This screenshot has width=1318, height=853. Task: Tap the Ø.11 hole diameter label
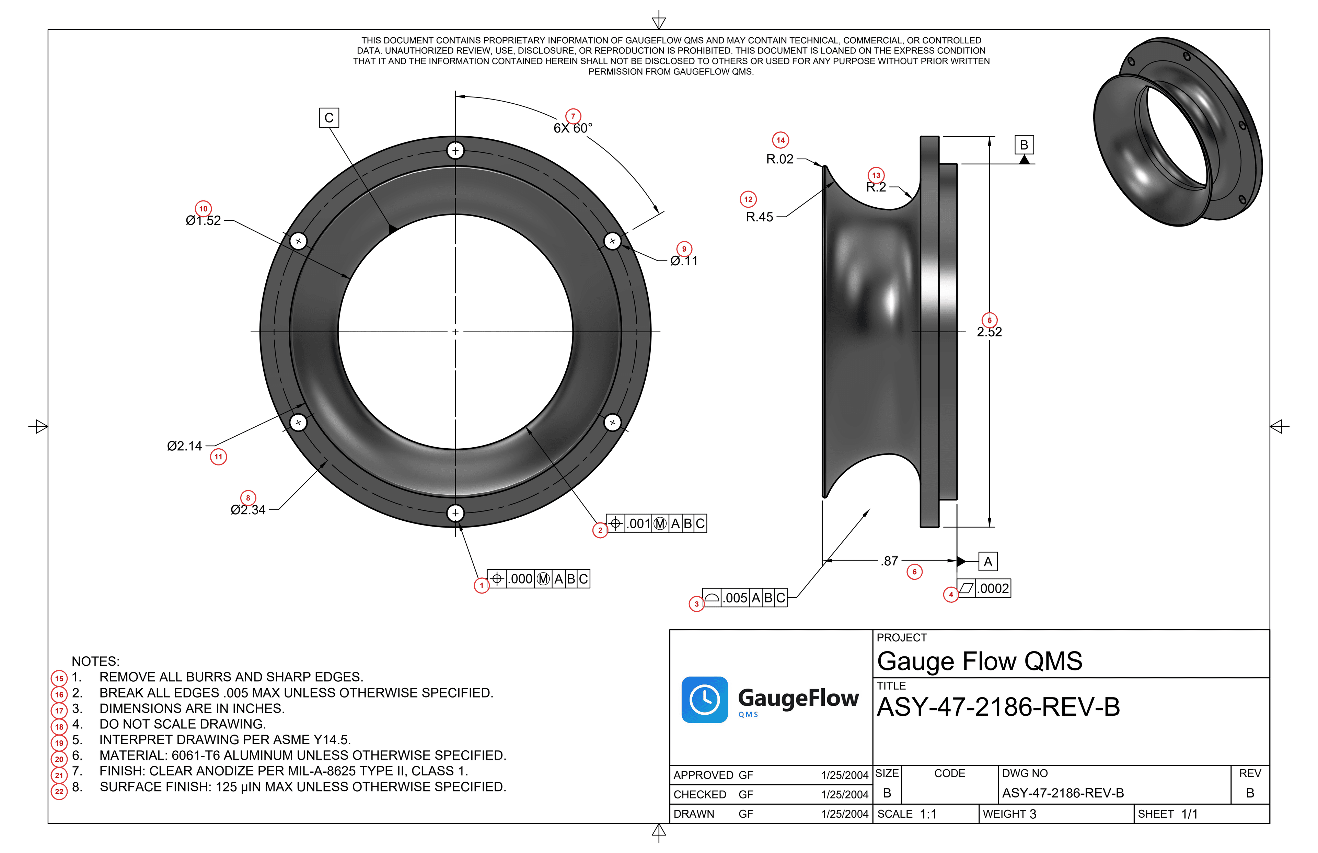click(684, 261)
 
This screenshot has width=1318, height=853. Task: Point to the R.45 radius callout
click(759, 217)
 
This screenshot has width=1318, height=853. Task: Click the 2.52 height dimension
click(989, 332)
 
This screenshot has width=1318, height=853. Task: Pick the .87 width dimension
click(889, 561)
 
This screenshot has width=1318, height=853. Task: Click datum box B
click(1024, 145)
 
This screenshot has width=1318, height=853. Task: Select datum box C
click(329, 118)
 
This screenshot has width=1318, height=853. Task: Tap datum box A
click(988, 562)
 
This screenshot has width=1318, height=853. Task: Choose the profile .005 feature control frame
click(745, 598)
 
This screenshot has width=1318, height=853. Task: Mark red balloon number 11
click(218, 457)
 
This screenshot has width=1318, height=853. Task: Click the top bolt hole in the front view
click(455, 151)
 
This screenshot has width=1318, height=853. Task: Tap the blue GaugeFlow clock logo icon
click(704, 700)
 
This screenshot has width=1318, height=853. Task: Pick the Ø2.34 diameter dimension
click(248, 510)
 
